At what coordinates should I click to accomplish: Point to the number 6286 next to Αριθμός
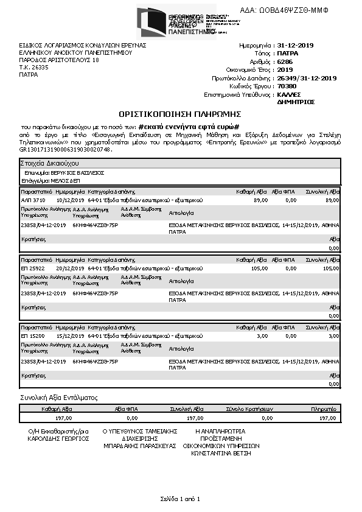[285, 62]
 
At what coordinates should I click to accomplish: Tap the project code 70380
[287, 86]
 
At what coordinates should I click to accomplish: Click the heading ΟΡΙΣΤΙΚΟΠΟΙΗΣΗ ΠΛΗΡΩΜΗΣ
[180, 114]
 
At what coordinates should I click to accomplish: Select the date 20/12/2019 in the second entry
[70, 268]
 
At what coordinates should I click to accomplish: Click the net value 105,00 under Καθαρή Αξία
[259, 268]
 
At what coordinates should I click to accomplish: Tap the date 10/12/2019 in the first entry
[70, 200]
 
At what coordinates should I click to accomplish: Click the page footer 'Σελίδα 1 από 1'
[180, 499]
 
